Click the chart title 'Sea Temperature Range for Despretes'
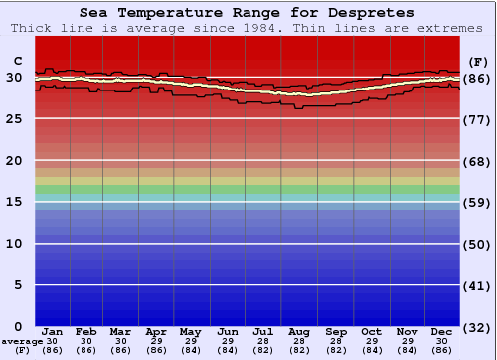248,13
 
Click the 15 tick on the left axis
14,202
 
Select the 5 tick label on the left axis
18,285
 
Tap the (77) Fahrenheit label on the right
477,119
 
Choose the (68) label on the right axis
477,161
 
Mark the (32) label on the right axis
477,327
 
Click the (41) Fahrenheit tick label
477,285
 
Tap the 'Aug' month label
299,332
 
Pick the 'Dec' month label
442,332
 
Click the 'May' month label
189,332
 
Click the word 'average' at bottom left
22,342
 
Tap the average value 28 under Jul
262,342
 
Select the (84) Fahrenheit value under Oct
371,351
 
